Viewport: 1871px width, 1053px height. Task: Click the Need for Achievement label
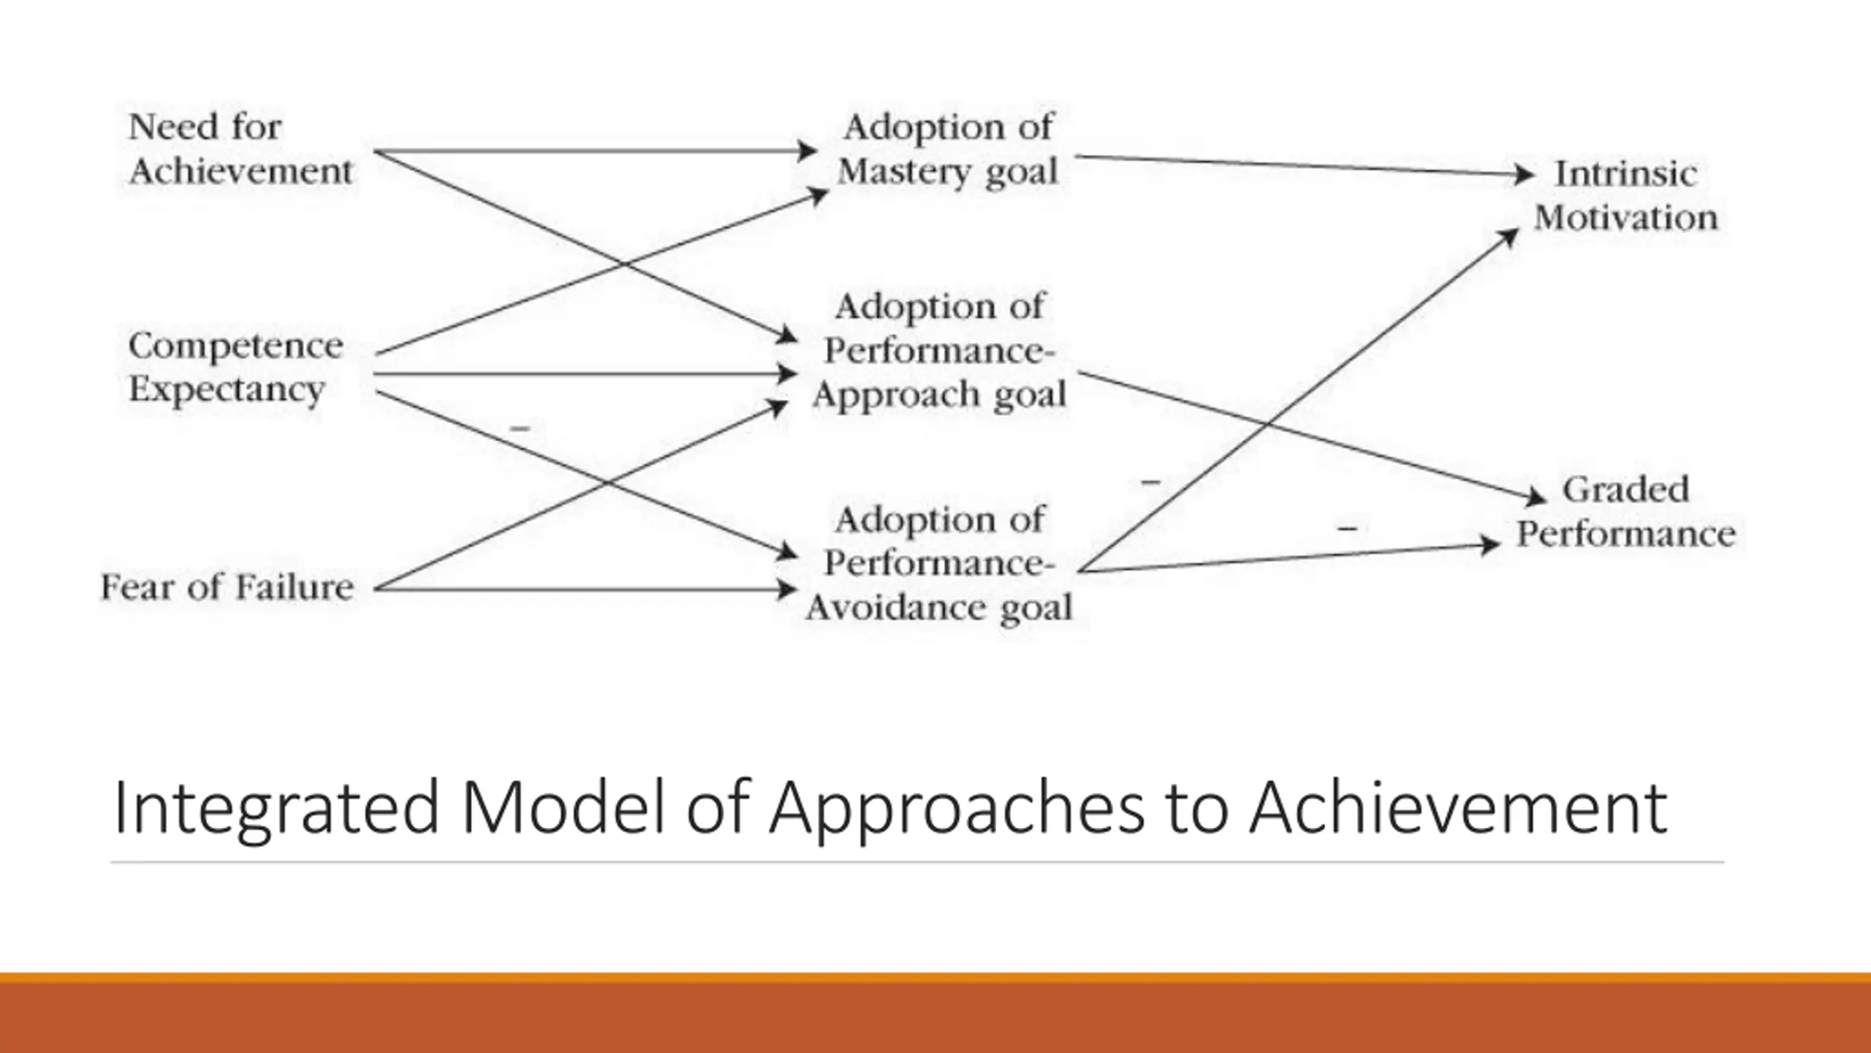(240, 150)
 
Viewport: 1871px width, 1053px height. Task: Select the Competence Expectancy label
(235, 367)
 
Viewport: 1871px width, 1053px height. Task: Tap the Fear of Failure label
(227, 587)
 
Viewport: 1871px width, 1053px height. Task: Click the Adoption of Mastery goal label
(947, 150)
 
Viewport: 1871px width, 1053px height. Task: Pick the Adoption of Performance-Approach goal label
(939, 351)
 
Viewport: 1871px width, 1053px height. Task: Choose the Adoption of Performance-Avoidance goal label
(939, 564)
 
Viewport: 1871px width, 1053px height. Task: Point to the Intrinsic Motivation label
(1625, 196)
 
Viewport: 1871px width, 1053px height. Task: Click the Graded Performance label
(1625, 512)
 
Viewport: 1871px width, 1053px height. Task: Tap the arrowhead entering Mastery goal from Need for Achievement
(807, 151)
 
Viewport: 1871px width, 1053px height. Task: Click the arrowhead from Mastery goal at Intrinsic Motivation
(1524, 175)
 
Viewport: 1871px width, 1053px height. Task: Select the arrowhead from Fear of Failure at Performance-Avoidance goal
(786, 589)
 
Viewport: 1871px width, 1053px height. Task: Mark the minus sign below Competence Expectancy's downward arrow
(520, 428)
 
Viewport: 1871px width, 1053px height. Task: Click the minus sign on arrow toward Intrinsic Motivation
(1150, 482)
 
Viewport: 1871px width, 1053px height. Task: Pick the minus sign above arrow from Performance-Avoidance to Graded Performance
(1348, 528)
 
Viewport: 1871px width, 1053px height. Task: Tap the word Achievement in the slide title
(1458, 809)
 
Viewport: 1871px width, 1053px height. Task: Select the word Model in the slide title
(563, 809)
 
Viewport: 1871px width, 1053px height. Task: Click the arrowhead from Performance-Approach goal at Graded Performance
(1537, 499)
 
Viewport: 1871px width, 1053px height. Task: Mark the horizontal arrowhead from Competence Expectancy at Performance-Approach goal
(787, 374)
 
